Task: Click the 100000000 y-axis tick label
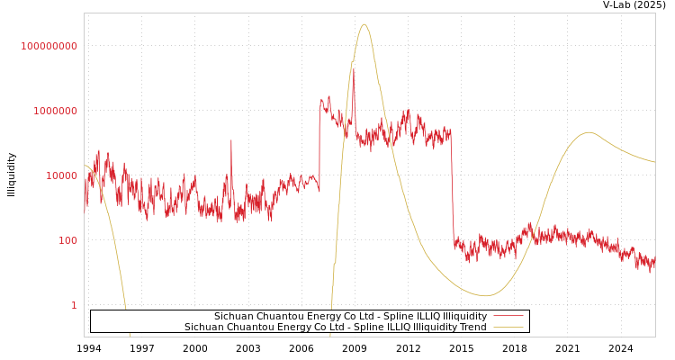pos(49,46)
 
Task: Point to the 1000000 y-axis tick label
pos(55,111)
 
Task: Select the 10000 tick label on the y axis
pos(61,175)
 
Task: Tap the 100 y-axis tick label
pos(67,240)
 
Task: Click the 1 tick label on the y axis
pos(74,305)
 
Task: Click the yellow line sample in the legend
pos(508,328)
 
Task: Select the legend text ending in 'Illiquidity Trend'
pos(335,328)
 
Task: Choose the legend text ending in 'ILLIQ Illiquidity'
pos(350,317)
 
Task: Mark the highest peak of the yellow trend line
pos(364,24)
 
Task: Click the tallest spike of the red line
pos(353,69)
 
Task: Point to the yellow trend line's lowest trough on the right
pos(486,295)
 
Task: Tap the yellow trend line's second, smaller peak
pos(589,132)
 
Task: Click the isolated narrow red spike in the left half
pos(230,140)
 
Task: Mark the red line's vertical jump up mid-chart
pos(319,144)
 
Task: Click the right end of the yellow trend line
pos(654,162)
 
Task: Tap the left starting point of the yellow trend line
pos(85,165)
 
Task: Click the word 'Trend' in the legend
pos(472,328)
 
